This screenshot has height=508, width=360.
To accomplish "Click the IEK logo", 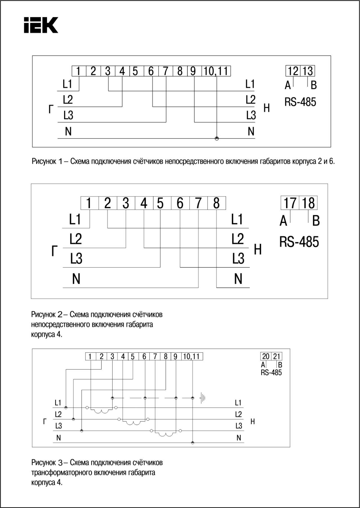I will click(x=41, y=25).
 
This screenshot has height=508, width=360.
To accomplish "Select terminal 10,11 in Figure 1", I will click(x=216, y=71).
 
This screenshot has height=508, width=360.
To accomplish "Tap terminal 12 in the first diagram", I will click(x=293, y=71).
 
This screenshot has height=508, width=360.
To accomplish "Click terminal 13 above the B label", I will click(x=308, y=71).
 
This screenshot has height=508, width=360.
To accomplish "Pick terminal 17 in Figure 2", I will click(x=290, y=203).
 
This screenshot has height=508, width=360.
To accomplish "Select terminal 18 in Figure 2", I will click(x=308, y=203).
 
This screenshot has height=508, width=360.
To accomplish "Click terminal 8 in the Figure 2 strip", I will click(x=216, y=203).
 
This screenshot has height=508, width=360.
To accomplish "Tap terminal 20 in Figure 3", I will click(x=266, y=356).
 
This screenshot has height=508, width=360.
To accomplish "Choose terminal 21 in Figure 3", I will click(x=277, y=356).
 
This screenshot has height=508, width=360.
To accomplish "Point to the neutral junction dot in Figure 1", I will click(x=217, y=138).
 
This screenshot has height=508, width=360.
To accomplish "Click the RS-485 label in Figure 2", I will click(x=299, y=242).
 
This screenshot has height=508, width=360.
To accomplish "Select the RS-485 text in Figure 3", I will click(x=271, y=373).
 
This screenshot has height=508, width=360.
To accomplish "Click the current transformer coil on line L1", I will click(x=102, y=411).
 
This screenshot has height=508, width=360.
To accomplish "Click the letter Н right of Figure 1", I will click(x=267, y=108).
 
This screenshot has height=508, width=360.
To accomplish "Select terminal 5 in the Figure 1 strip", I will click(x=135, y=71).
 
